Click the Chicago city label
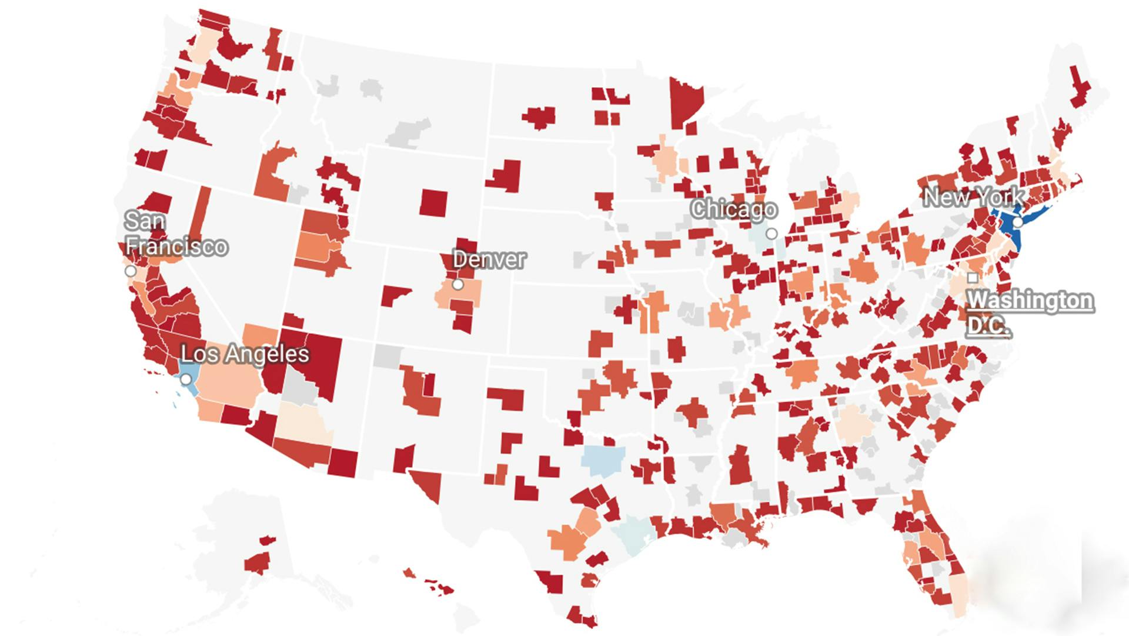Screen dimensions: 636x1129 click(733, 209)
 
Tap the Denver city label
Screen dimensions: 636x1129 click(489, 259)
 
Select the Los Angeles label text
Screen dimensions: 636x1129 click(245, 354)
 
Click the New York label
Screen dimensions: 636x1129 click(973, 197)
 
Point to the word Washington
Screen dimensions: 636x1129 click(1030, 301)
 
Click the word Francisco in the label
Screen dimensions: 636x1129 click(176, 246)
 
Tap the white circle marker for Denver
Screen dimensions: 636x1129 click(458, 285)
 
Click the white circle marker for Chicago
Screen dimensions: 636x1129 click(771, 234)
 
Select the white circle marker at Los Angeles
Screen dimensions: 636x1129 click(186, 379)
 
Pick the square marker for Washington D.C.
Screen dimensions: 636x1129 click(973, 277)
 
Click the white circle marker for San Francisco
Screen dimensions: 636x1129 click(131, 271)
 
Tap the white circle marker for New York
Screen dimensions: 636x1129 click(1017, 222)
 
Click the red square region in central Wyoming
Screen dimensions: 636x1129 click(433, 202)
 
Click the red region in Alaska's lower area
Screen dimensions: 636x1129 click(258, 563)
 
